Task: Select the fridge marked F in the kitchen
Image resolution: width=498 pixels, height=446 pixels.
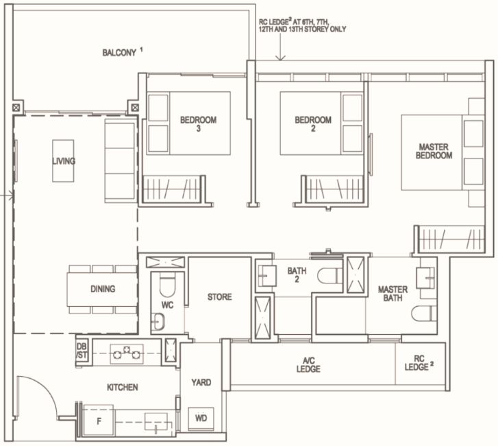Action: click(x=99, y=421)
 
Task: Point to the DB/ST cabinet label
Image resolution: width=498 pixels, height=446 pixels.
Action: click(x=82, y=351)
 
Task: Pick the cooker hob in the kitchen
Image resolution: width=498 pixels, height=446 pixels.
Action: click(x=127, y=354)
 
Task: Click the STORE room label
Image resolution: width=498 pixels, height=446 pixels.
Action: click(x=219, y=297)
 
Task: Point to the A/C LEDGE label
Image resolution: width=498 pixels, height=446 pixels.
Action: click(x=308, y=364)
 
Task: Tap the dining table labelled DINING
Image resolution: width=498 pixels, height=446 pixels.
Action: click(x=102, y=289)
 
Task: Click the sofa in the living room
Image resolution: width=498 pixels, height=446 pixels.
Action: click(x=120, y=161)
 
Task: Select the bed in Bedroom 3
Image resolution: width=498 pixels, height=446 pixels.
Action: click(x=189, y=124)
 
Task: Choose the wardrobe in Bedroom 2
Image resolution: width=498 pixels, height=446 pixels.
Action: click(x=334, y=189)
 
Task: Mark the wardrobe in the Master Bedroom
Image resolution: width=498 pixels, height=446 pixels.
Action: click(x=451, y=239)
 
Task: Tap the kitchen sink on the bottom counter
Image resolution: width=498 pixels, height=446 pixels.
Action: click(x=156, y=422)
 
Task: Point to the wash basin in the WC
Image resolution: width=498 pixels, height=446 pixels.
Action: click(x=158, y=321)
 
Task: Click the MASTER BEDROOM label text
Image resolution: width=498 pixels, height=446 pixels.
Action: click(x=434, y=151)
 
